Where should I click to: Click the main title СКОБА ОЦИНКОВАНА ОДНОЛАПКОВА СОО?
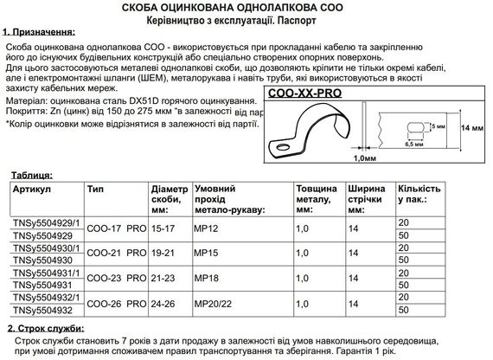tap(246, 8)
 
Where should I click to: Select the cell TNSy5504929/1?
tap(45, 222)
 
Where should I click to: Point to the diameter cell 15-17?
tap(162, 228)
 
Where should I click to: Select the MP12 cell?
tap(206, 228)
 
